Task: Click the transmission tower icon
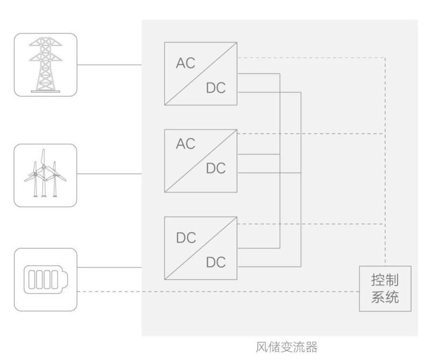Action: coord(45,64)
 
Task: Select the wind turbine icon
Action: coord(45,175)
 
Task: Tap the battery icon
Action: coord(45,279)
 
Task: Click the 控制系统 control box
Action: coord(385,288)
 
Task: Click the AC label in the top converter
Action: coord(185,63)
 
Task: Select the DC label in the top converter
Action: coord(216,88)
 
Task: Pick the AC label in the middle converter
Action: coord(185,144)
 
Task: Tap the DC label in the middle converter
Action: coord(216,168)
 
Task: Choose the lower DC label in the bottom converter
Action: coord(216,262)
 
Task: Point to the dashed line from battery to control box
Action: coord(215,292)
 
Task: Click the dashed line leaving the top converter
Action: coord(312,57)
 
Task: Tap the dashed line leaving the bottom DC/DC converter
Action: coord(312,223)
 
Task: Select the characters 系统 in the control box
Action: coord(385,297)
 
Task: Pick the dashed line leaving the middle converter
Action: coord(312,133)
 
